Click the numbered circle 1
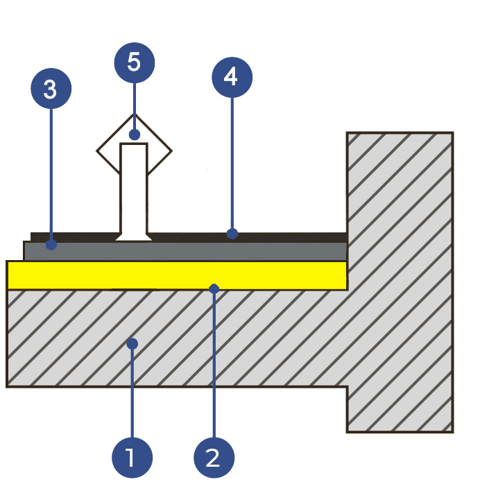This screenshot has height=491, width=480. tap(132, 457)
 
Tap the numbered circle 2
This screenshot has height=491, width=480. tap(214, 457)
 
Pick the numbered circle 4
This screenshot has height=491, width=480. tap(232, 77)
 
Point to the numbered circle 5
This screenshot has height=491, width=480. tap(135, 63)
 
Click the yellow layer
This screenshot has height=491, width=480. tap(104, 275)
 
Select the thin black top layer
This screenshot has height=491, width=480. tap(291, 236)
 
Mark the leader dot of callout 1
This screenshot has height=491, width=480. tap(132, 343)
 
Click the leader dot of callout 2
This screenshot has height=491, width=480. tap(214, 288)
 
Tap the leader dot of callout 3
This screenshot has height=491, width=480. tap(51, 245)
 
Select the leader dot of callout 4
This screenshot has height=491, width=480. tap(232, 234)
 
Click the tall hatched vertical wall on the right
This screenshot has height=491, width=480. tap(400, 277)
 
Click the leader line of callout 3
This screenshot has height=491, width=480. tap(51, 173)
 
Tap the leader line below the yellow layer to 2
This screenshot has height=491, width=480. tap(214, 368)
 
